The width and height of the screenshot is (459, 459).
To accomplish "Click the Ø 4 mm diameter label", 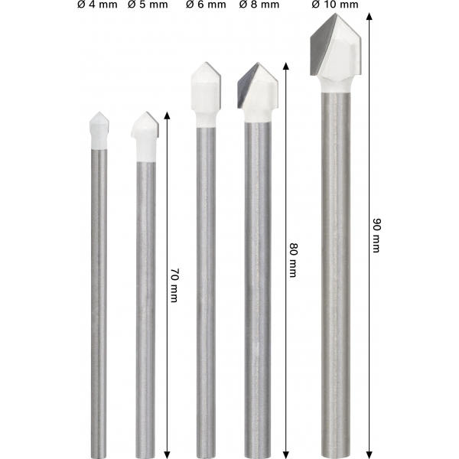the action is tap(97, 5).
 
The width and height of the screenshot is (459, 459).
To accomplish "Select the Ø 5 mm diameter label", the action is tap(148, 5).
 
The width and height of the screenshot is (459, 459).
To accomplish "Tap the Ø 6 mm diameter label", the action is tap(206, 5).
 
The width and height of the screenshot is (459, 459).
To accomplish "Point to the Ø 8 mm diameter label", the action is tap(259, 5).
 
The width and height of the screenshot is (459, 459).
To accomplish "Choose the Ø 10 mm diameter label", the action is tap(335, 5).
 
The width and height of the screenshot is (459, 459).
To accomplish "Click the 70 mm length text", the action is tap(174, 285).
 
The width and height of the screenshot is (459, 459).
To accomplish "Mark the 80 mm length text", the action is tap(294, 259).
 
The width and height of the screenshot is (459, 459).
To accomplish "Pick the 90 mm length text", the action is tap(376, 235).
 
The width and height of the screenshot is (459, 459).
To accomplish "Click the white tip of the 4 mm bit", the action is tap(99, 131).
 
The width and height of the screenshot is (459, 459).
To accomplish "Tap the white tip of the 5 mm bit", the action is tap(145, 137).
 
